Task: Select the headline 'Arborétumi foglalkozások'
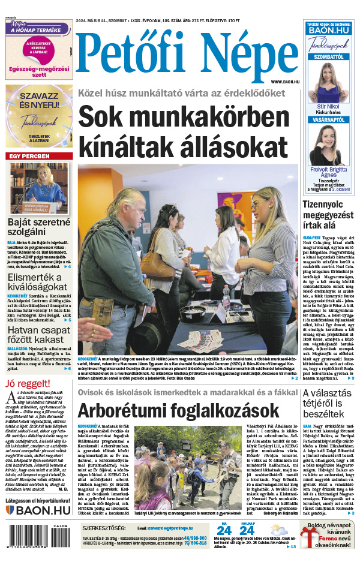pyautogui.click(x=178, y=411)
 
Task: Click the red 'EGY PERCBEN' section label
pyautogui.click(x=28, y=157)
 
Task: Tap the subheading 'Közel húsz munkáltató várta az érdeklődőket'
pyautogui.click(x=181, y=93)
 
